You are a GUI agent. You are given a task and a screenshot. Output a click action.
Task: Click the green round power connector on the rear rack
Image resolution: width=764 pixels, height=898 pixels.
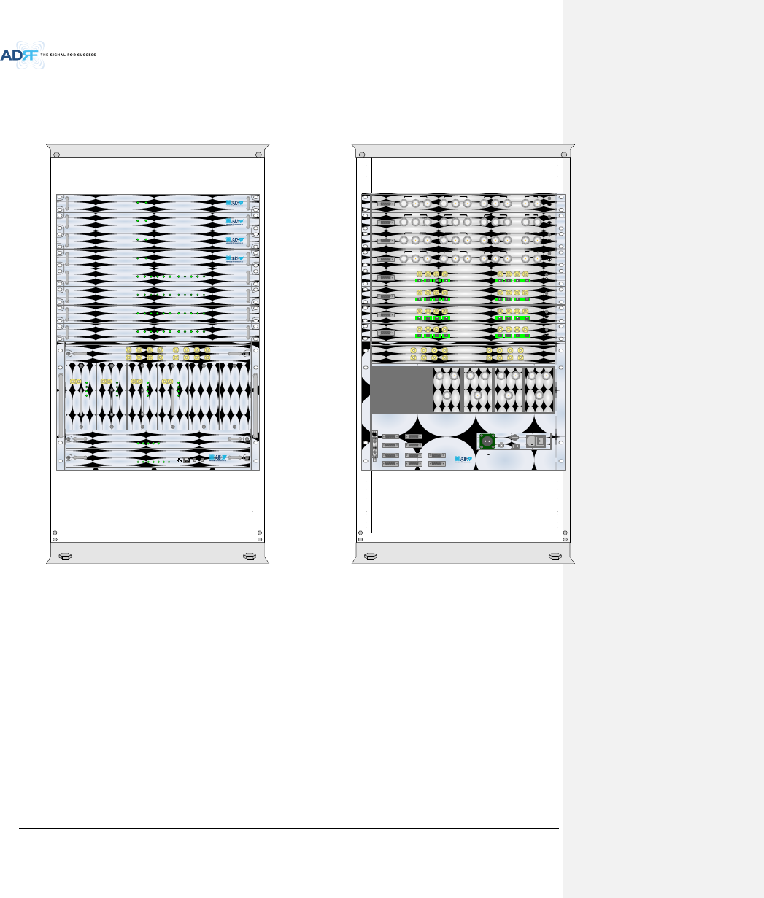coord(486,441)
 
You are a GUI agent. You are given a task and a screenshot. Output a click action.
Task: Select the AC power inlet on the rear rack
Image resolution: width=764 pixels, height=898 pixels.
coord(540,440)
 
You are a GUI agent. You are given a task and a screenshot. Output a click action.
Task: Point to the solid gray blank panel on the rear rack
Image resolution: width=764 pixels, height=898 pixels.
coord(401,390)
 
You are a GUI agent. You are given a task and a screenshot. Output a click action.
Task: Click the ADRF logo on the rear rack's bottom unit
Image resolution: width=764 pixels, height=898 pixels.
coord(461,460)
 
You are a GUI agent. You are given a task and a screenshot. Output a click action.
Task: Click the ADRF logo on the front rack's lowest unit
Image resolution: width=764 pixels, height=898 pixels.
coord(218,459)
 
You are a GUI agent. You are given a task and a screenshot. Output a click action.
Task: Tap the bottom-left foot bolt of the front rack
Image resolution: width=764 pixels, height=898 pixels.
coord(64,556)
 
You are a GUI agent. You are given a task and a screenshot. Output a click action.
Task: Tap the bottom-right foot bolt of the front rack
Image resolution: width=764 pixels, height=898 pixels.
coord(250,556)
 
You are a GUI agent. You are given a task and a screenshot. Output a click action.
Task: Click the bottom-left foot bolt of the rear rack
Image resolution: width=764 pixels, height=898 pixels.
coord(370,556)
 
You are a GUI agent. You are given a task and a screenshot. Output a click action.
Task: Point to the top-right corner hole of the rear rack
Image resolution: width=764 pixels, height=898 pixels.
coord(563,155)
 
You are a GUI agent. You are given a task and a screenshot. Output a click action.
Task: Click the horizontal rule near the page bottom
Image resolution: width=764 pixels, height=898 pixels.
coord(288,828)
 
